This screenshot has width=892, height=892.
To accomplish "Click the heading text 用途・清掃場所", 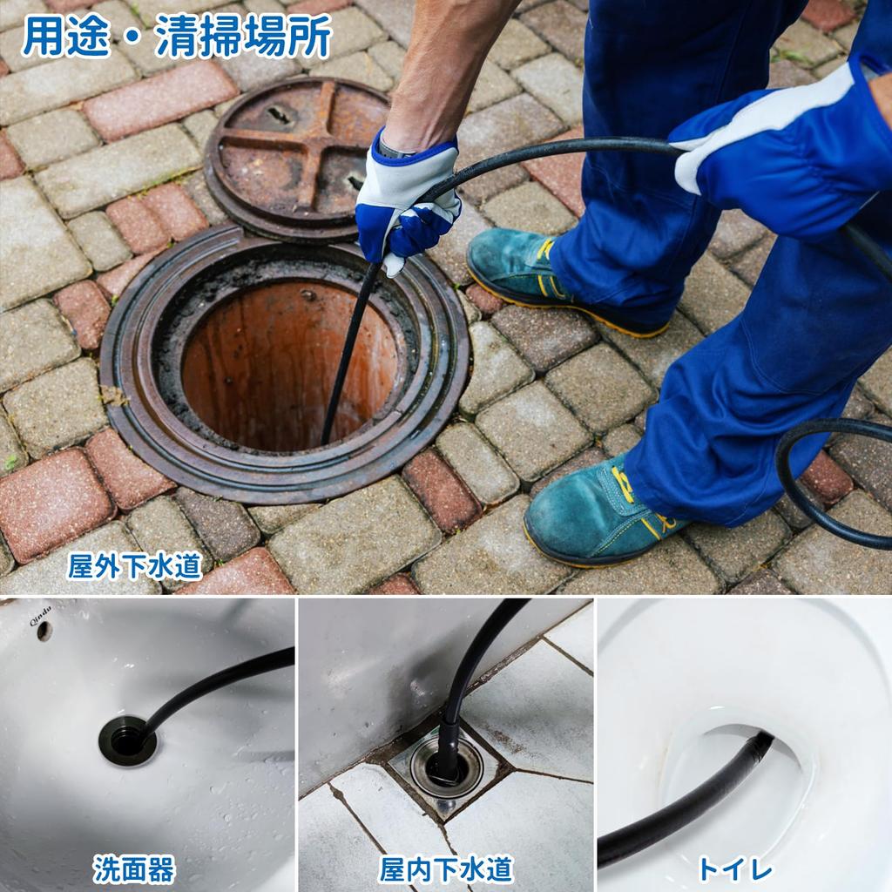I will [x=177, y=37].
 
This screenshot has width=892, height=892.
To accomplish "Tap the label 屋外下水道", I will [x=135, y=566].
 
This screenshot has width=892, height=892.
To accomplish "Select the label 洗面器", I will [x=134, y=868].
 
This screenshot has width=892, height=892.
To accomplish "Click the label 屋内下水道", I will [x=446, y=868].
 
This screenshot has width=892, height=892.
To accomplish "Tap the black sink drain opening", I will [x=127, y=740].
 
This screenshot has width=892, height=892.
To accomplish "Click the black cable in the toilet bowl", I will [x=688, y=801].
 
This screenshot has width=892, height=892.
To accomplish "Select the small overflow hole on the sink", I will [x=44, y=633].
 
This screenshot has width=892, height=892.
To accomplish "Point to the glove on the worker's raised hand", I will [x=784, y=148].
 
